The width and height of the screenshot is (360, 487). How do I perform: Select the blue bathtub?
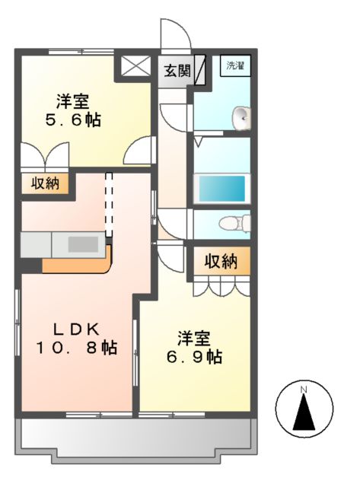pos(221,186)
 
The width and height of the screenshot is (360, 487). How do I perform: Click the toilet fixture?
pos(231,223)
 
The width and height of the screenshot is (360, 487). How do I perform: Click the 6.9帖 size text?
pos(196,355)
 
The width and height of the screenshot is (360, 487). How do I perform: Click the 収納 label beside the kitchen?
pos(46,184)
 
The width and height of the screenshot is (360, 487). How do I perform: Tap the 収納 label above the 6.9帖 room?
pos(221,261)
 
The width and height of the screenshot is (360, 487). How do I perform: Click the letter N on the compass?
pos(303,390)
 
